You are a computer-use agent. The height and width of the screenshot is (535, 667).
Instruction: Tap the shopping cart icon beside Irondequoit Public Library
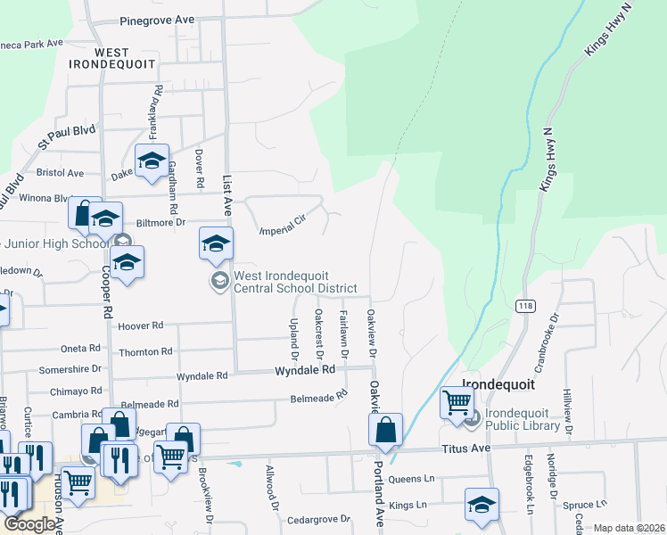[457, 402]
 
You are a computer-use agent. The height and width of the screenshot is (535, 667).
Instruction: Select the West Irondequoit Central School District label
[294, 282]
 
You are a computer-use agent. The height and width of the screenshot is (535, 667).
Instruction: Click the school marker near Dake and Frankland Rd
[152, 160]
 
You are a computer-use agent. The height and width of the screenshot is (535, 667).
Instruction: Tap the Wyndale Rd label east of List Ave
[304, 369]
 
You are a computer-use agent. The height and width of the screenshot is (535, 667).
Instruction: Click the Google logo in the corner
[30, 524]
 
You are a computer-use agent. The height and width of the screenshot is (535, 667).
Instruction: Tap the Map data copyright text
[629, 528]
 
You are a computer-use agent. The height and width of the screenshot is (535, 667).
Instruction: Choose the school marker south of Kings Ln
[482, 505]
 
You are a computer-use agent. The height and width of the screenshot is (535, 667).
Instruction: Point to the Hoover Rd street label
[140, 326]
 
